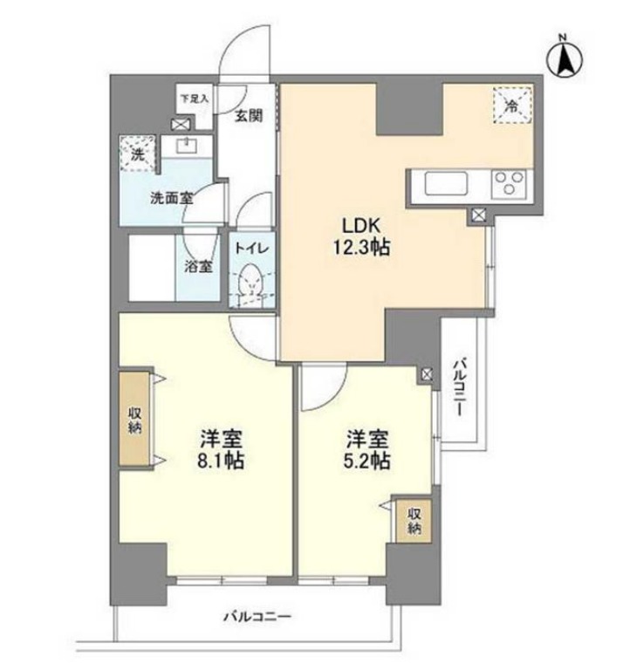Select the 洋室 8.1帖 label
pyautogui.click(x=222, y=449)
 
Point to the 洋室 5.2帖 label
pyautogui.click(x=366, y=449)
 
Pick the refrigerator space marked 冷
pyautogui.click(x=512, y=105)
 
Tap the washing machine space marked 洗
pyautogui.click(x=138, y=153)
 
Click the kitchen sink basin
pyautogui.click(x=446, y=183)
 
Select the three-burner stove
pyautogui.click(x=509, y=184)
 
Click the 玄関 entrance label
pyautogui.click(x=249, y=115)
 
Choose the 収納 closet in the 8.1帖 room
pyautogui.click(x=135, y=420)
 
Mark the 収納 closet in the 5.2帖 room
pyautogui.click(x=414, y=521)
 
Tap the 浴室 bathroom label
pyautogui.click(x=197, y=266)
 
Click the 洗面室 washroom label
pyautogui.click(x=172, y=198)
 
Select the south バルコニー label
pyautogui.click(x=257, y=617)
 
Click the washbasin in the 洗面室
pyautogui.click(x=187, y=147)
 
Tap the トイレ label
pyautogui.click(x=251, y=249)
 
